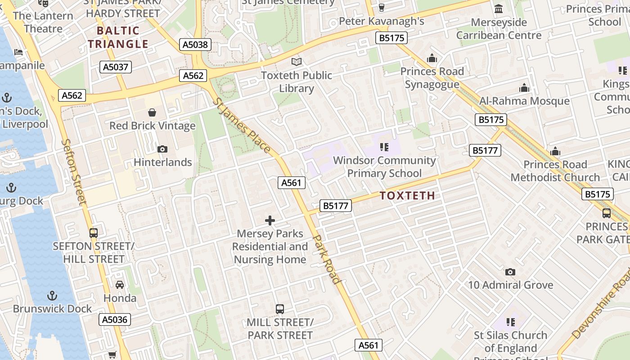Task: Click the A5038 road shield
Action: [x=196, y=44]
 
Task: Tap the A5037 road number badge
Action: [x=115, y=67]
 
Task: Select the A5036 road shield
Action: [x=115, y=319]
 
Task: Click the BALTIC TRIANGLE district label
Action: [x=118, y=37]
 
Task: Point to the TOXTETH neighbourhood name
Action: [x=407, y=196]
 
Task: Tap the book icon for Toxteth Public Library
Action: [x=296, y=62]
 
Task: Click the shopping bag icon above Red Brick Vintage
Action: [x=152, y=112]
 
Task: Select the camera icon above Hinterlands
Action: [x=162, y=149]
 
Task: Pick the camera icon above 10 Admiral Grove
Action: [x=510, y=272]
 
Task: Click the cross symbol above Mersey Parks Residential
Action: [x=270, y=220]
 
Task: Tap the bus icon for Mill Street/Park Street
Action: [x=280, y=309]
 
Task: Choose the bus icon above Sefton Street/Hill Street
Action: [x=94, y=233]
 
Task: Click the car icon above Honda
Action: [x=120, y=285]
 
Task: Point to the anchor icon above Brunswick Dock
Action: [x=53, y=296]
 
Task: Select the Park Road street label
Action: [x=326, y=259]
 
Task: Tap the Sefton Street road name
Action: [x=73, y=171]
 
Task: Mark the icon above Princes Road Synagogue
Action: [x=432, y=58]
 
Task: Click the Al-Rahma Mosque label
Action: [x=524, y=101]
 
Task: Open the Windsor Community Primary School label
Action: [x=384, y=166]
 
